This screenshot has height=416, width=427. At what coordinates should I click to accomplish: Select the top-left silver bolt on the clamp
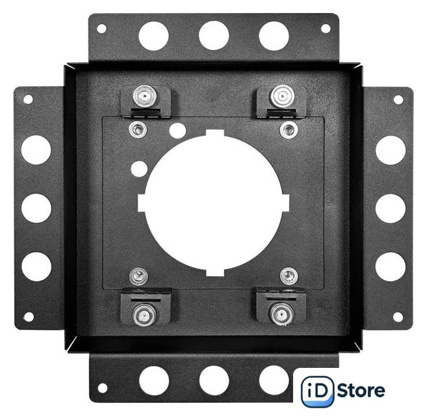(x=145, y=96)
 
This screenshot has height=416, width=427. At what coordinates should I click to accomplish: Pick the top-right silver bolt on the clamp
(x=282, y=96)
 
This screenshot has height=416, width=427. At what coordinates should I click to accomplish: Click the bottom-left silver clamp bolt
(x=144, y=315)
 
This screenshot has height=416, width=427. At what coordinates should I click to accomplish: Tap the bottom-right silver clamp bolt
(x=281, y=315)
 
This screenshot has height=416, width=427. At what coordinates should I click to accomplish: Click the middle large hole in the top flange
(x=214, y=35)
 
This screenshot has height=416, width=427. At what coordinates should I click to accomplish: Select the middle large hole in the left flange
(x=36, y=208)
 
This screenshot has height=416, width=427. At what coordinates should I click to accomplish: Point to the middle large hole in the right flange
(x=391, y=209)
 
